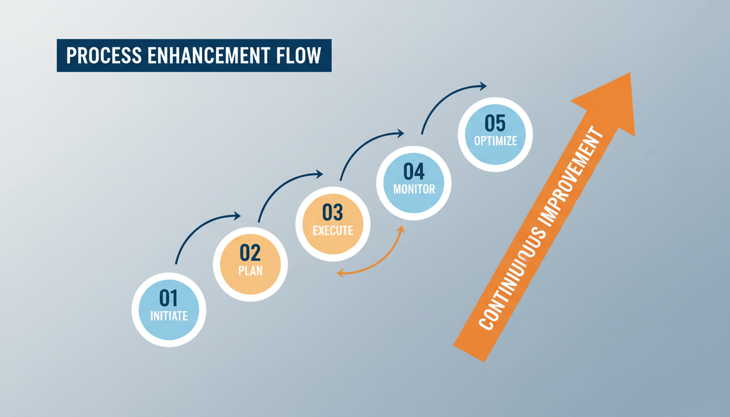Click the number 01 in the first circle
click(x=168, y=298)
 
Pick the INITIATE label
click(x=168, y=315)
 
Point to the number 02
click(x=250, y=253)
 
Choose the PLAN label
click(x=250, y=270)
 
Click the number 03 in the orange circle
click(x=332, y=212)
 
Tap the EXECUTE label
click(x=332, y=230)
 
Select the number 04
click(x=414, y=172)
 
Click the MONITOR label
click(x=414, y=189)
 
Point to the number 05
click(x=495, y=123)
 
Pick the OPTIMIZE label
click(x=495, y=141)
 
